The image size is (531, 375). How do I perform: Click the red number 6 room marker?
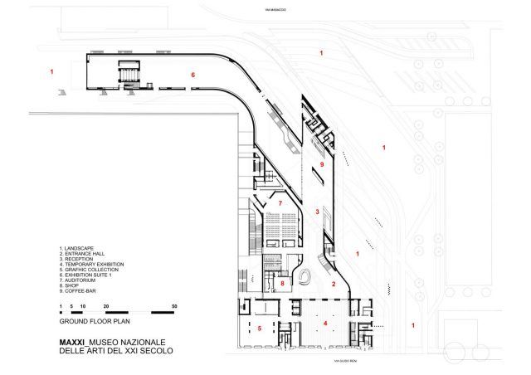[x=193, y=75]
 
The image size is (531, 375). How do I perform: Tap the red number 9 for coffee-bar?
[x=321, y=167]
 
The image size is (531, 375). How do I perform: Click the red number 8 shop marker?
[x=283, y=284]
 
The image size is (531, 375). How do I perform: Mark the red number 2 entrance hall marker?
[x=334, y=285]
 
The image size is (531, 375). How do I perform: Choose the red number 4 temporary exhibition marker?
[x=325, y=323]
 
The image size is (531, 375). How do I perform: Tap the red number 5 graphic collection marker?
[x=260, y=329]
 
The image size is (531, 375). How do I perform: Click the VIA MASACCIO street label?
[x=275, y=9]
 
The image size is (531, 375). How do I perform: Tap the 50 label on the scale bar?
[x=174, y=306]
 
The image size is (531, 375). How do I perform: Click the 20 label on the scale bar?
[x=105, y=306]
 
